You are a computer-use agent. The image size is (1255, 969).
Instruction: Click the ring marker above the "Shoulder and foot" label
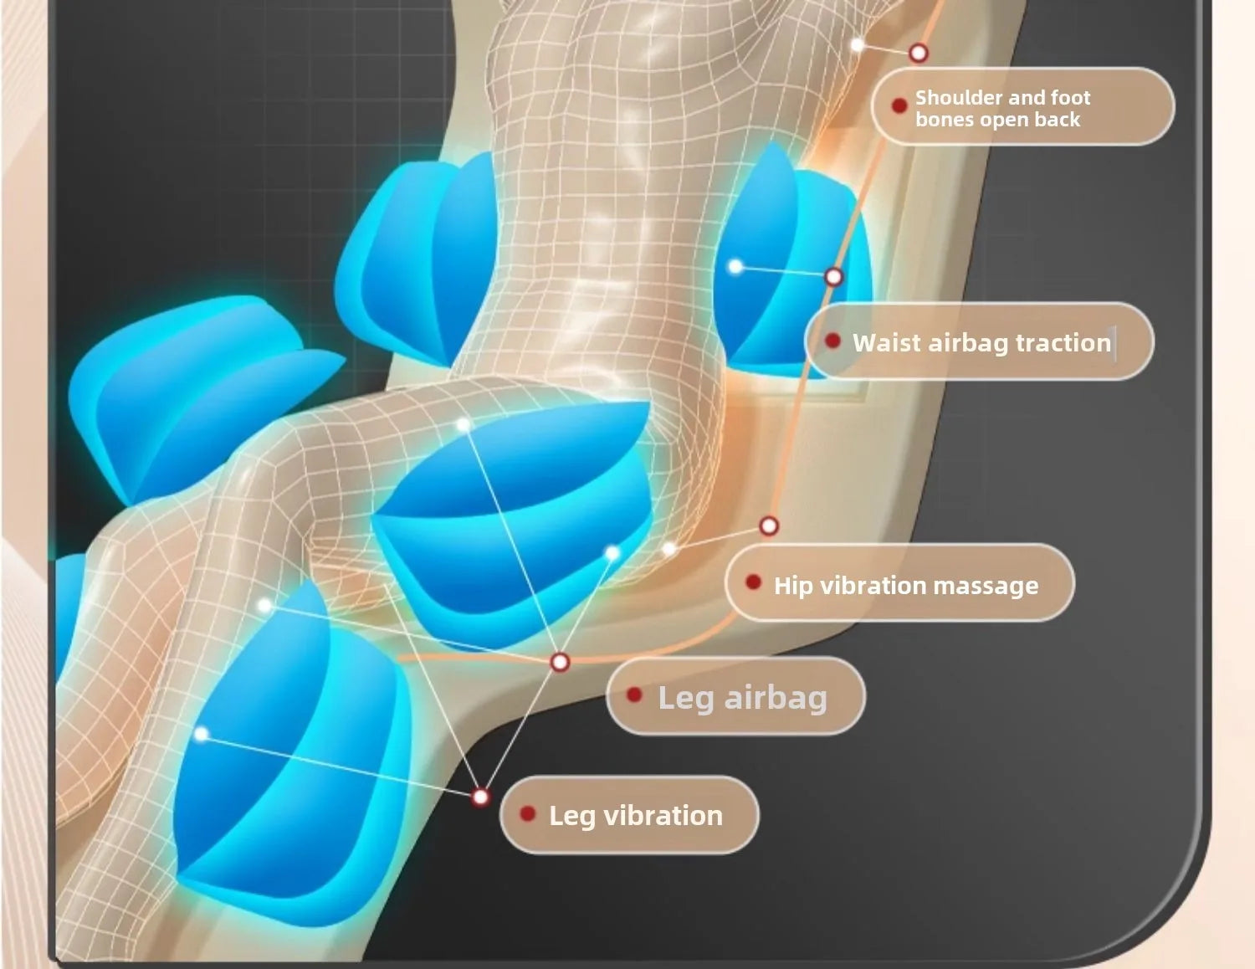pyautogui.click(x=918, y=53)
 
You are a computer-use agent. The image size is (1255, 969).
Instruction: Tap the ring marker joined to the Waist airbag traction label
pyautogui.click(x=833, y=277)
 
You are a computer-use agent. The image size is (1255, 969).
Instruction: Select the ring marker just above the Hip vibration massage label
pyautogui.click(x=769, y=526)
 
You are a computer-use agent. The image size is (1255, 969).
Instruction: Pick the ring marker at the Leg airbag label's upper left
pyautogui.click(x=559, y=662)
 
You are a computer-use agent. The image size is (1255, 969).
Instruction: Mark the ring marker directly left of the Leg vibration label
pyautogui.click(x=480, y=797)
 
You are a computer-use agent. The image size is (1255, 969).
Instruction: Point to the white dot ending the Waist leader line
pyautogui.click(x=735, y=266)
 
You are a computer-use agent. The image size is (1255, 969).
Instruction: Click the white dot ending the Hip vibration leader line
pyautogui.click(x=668, y=549)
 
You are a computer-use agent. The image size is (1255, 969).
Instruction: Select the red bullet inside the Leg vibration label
pyautogui.click(x=527, y=813)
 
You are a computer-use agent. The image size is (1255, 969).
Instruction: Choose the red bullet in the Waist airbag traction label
pyautogui.click(x=832, y=341)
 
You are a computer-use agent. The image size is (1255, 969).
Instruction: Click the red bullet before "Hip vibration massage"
pyautogui.click(x=753, y=582)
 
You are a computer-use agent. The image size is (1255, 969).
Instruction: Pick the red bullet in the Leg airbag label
pyautogui.click(x=634, y=695)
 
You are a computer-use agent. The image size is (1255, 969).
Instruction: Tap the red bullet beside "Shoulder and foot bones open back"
pyautogui.click(x=899, y=105)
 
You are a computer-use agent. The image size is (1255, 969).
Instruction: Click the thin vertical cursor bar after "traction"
pyautogui.click(x=1114, y=343)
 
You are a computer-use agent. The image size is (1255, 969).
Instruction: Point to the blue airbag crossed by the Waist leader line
pyautogui.click(x=791, y=263)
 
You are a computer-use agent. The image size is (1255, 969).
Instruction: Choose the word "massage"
pyautogui.click(x=986, y=586)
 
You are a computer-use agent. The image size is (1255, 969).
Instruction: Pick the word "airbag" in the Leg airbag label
pyautogui.click(x=776, y=698)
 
